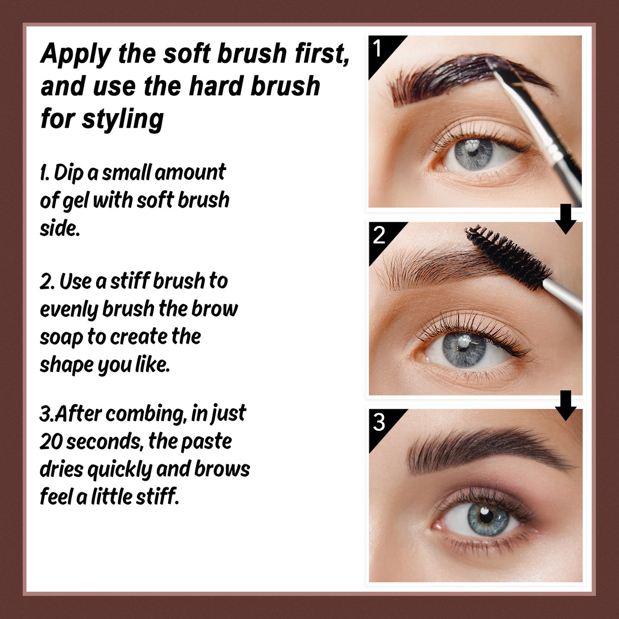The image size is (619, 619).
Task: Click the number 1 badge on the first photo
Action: pyautogui.click(x=377, y=49)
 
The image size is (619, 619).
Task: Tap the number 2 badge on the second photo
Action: pyautogui.click(x=379, y=235)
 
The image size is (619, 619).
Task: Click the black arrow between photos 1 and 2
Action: pyautogui.click(x=565, y=219)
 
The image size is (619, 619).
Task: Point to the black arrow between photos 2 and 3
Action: pyautogui.click(x=565, y=405)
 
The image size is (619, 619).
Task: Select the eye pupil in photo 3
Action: pyautogui.click(x=487, y=516)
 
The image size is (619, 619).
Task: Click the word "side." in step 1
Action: pyautogui.click(x=60, y=228)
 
